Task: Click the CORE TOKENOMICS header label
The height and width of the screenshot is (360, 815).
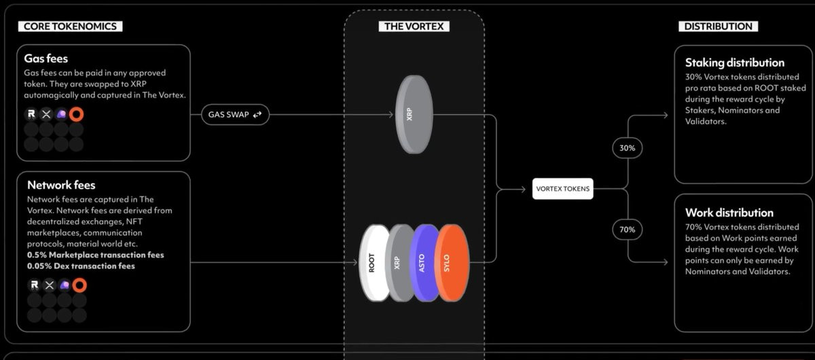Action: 70,26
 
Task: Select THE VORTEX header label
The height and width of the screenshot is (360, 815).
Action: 414,26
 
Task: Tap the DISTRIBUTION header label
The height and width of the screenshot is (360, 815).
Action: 718,26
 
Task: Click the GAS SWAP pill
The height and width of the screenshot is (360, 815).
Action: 235,115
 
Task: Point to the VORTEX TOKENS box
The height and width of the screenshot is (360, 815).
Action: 563,189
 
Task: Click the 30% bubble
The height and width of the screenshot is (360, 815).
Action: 627,147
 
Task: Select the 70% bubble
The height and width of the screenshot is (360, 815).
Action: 627,230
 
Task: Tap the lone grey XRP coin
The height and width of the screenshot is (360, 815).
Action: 413,115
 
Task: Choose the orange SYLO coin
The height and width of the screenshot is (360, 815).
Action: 450,263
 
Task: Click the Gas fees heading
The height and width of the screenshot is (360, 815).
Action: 46,59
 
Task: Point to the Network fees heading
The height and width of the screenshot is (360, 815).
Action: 61,185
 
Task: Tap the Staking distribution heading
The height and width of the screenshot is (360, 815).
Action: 734,63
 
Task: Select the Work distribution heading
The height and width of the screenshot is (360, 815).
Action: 729,213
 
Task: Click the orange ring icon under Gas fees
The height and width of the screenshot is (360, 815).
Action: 76,114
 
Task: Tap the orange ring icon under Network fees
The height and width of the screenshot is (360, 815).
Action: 79,285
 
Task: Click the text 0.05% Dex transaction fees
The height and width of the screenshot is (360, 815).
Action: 81,266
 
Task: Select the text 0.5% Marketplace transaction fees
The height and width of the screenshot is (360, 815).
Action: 95,255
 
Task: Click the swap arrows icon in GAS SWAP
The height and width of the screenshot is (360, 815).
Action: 257,115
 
